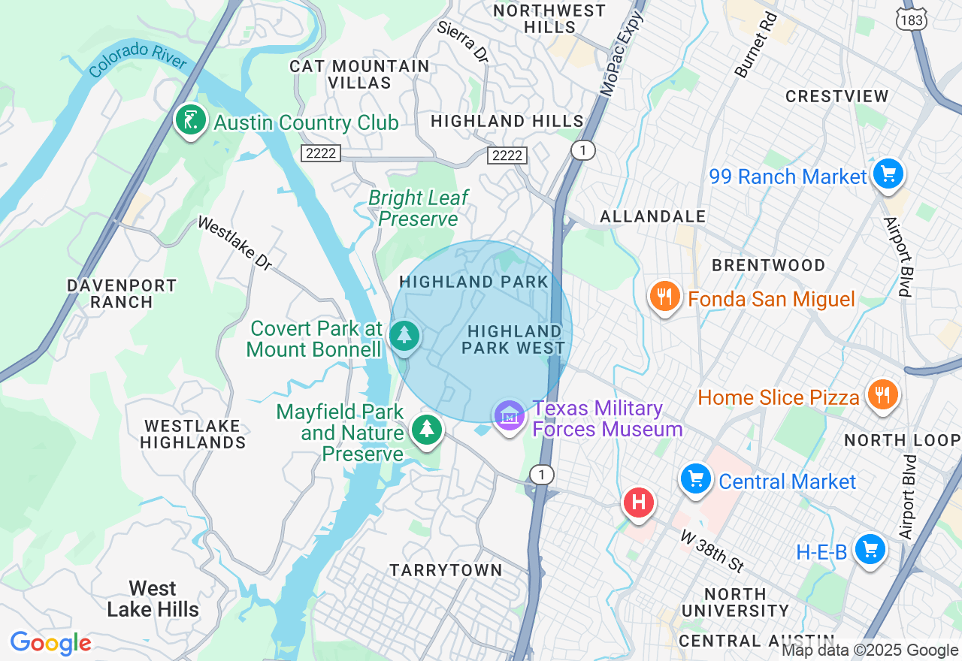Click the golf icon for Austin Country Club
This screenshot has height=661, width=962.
click(x=191, y=120)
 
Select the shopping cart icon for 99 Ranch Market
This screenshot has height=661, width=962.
click(x=888, y=174)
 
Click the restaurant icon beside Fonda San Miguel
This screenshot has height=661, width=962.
click(x=664, y=297)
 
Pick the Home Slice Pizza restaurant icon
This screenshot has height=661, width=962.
click(x=882, y=394)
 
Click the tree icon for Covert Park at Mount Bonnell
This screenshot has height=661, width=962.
click(x=405, y=335)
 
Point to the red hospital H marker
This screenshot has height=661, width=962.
click(x=639, y=501)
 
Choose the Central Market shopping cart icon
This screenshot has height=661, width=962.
click(x=696, y=478)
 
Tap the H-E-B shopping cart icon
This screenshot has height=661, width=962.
click(x=870, y=550)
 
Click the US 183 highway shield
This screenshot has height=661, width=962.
click(x=912, y=20)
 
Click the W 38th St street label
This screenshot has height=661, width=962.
click(x=712, y=551)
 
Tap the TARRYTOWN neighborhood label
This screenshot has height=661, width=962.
click(x=446, y=570)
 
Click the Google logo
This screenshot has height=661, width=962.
click(x=50, y=643)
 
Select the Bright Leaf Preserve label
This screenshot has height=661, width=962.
click(x=418, y=208)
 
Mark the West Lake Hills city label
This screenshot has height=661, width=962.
click(x=153, y=599)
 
